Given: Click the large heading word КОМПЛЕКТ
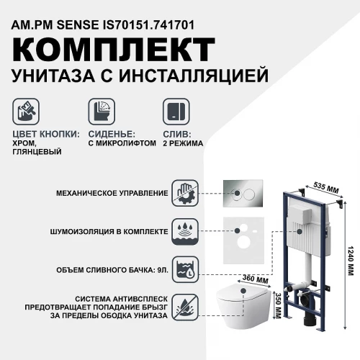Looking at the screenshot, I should tap(112, 53).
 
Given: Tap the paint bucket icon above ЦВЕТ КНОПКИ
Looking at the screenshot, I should tap(27, 112).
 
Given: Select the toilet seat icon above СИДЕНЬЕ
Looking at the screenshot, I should tap(100, 112).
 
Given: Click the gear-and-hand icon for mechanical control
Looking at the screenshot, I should tap(184, 193).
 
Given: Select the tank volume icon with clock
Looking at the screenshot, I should tap(184, 270).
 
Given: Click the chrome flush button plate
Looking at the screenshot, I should tap(242, 193).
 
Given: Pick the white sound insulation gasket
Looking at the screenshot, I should tap(243, 234).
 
